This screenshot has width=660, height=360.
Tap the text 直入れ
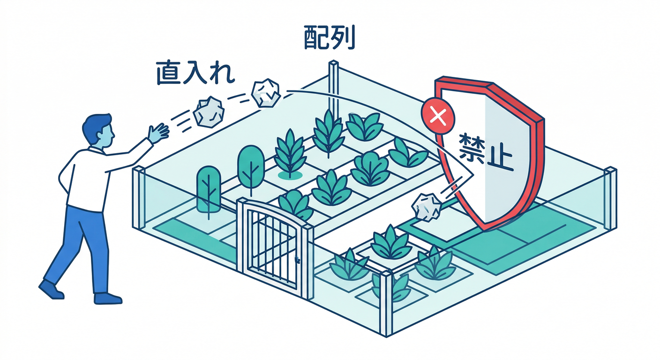pos(195,73)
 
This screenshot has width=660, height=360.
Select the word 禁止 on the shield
pos(486,153)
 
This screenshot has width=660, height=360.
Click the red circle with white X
pos(438,116)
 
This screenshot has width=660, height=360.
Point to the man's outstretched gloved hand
pos(158,133)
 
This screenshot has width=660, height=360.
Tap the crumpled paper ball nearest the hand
pos(209,112)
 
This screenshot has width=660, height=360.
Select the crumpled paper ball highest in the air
pos(266,92)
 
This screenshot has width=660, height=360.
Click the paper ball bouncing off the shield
pos(427,207)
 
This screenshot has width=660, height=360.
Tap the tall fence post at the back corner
pos(334,89)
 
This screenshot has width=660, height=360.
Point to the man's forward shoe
pos(108,298)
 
